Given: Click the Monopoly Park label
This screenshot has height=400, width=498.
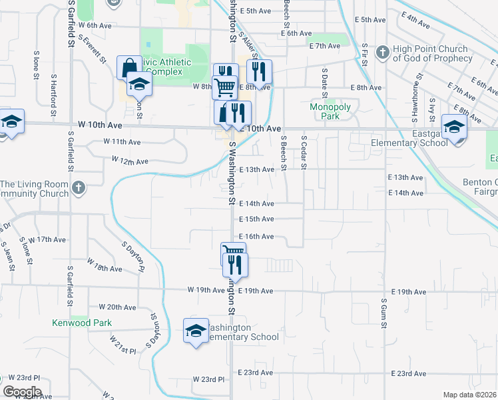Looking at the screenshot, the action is coord(325,111).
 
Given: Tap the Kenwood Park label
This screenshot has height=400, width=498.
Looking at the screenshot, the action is coord(82,323).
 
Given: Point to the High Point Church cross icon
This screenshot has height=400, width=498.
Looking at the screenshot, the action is coord(383,52).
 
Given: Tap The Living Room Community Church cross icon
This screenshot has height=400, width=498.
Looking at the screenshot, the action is coord(79,189).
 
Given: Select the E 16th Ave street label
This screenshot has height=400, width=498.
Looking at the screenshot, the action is coord(256,237).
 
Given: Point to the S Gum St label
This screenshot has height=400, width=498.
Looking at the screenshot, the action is coord(384,313).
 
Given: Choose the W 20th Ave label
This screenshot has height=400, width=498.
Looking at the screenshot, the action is coord(117,307).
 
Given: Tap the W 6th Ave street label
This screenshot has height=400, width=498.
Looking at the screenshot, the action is coord(93,25).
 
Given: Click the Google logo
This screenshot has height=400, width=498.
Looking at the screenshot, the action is coord(22,392).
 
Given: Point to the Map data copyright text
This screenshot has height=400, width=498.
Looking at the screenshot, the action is coord(469,395).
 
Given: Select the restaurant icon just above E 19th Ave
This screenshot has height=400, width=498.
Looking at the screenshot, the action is coord(235,265).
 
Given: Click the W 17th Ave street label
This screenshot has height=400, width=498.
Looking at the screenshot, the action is coord(49,239).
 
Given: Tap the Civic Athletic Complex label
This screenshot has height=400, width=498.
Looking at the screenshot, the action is coord(168,67).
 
